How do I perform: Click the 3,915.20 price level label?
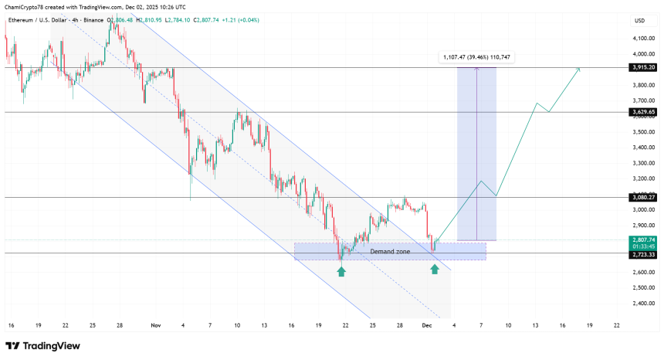coord(642,67)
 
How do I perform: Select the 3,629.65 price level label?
coord(642,112)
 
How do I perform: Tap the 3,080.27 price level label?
coord(642,198)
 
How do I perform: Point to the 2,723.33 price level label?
coord(642,253)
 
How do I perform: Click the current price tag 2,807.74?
coord(642,240)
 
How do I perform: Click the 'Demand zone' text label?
coord(390,252)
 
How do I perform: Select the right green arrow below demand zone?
coord(435,268)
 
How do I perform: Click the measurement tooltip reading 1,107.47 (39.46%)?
coord(477,57)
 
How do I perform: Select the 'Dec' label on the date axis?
coord(426,326)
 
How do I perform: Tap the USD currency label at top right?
coord(639,20)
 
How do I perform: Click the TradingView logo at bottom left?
coord(42,345)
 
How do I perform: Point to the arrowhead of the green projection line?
coord(579,70)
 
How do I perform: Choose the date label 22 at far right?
coord(615,326)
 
